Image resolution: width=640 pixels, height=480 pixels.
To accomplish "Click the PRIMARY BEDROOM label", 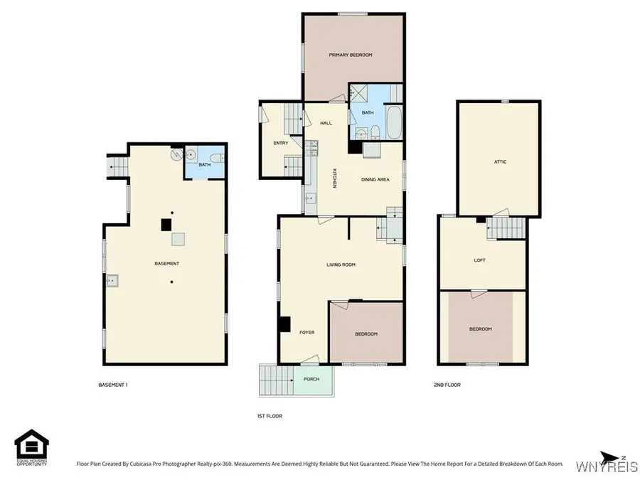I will click(350, 55).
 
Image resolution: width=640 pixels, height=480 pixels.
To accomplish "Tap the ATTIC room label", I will click(500, 162).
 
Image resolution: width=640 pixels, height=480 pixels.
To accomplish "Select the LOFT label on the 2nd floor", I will click(480, 260).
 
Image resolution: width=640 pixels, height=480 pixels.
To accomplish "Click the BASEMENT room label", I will click(166, 264).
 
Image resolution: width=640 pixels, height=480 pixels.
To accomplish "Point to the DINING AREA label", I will click(375, 180).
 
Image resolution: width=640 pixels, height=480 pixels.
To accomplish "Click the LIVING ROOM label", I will click(341, 265).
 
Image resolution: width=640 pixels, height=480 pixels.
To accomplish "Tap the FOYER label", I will click(306, 332).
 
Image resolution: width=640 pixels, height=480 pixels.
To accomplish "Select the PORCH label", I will click(311, 379).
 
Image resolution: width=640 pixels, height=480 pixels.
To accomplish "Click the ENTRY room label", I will click(281, 143).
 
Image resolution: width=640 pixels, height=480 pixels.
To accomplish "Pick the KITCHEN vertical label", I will click(334, 178).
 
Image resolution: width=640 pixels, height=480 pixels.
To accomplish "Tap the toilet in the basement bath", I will click(220, 158).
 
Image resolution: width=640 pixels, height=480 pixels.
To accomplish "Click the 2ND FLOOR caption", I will click(447, 385).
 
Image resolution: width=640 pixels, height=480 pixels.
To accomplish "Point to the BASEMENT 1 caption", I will click(112, 385).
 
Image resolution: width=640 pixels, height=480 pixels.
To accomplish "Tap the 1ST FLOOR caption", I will click(270, 416).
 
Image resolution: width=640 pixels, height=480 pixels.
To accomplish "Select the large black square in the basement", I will click(166, 224).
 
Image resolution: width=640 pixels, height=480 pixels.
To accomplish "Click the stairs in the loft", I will click(506, 229).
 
